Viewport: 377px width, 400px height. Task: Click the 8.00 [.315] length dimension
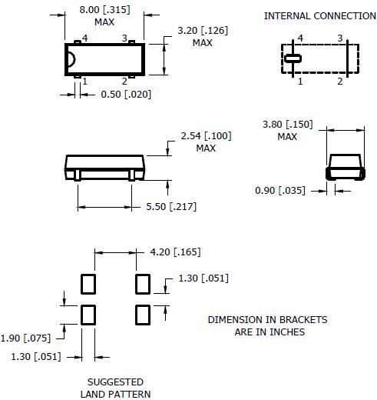point(104,10)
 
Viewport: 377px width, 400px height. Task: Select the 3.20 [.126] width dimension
point(203,31)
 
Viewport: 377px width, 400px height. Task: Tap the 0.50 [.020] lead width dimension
point(126,95)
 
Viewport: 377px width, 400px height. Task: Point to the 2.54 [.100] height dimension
point(206,136)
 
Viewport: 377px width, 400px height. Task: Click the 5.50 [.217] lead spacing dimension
point(171,207)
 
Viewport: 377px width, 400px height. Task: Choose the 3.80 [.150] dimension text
point(288,125)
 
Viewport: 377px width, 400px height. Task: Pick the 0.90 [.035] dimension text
point(280,191)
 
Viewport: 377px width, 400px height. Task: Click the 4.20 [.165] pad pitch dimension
point(175,252)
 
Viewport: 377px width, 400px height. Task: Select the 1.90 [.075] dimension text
point(25,338)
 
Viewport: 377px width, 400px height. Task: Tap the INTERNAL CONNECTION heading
point(320,16)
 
